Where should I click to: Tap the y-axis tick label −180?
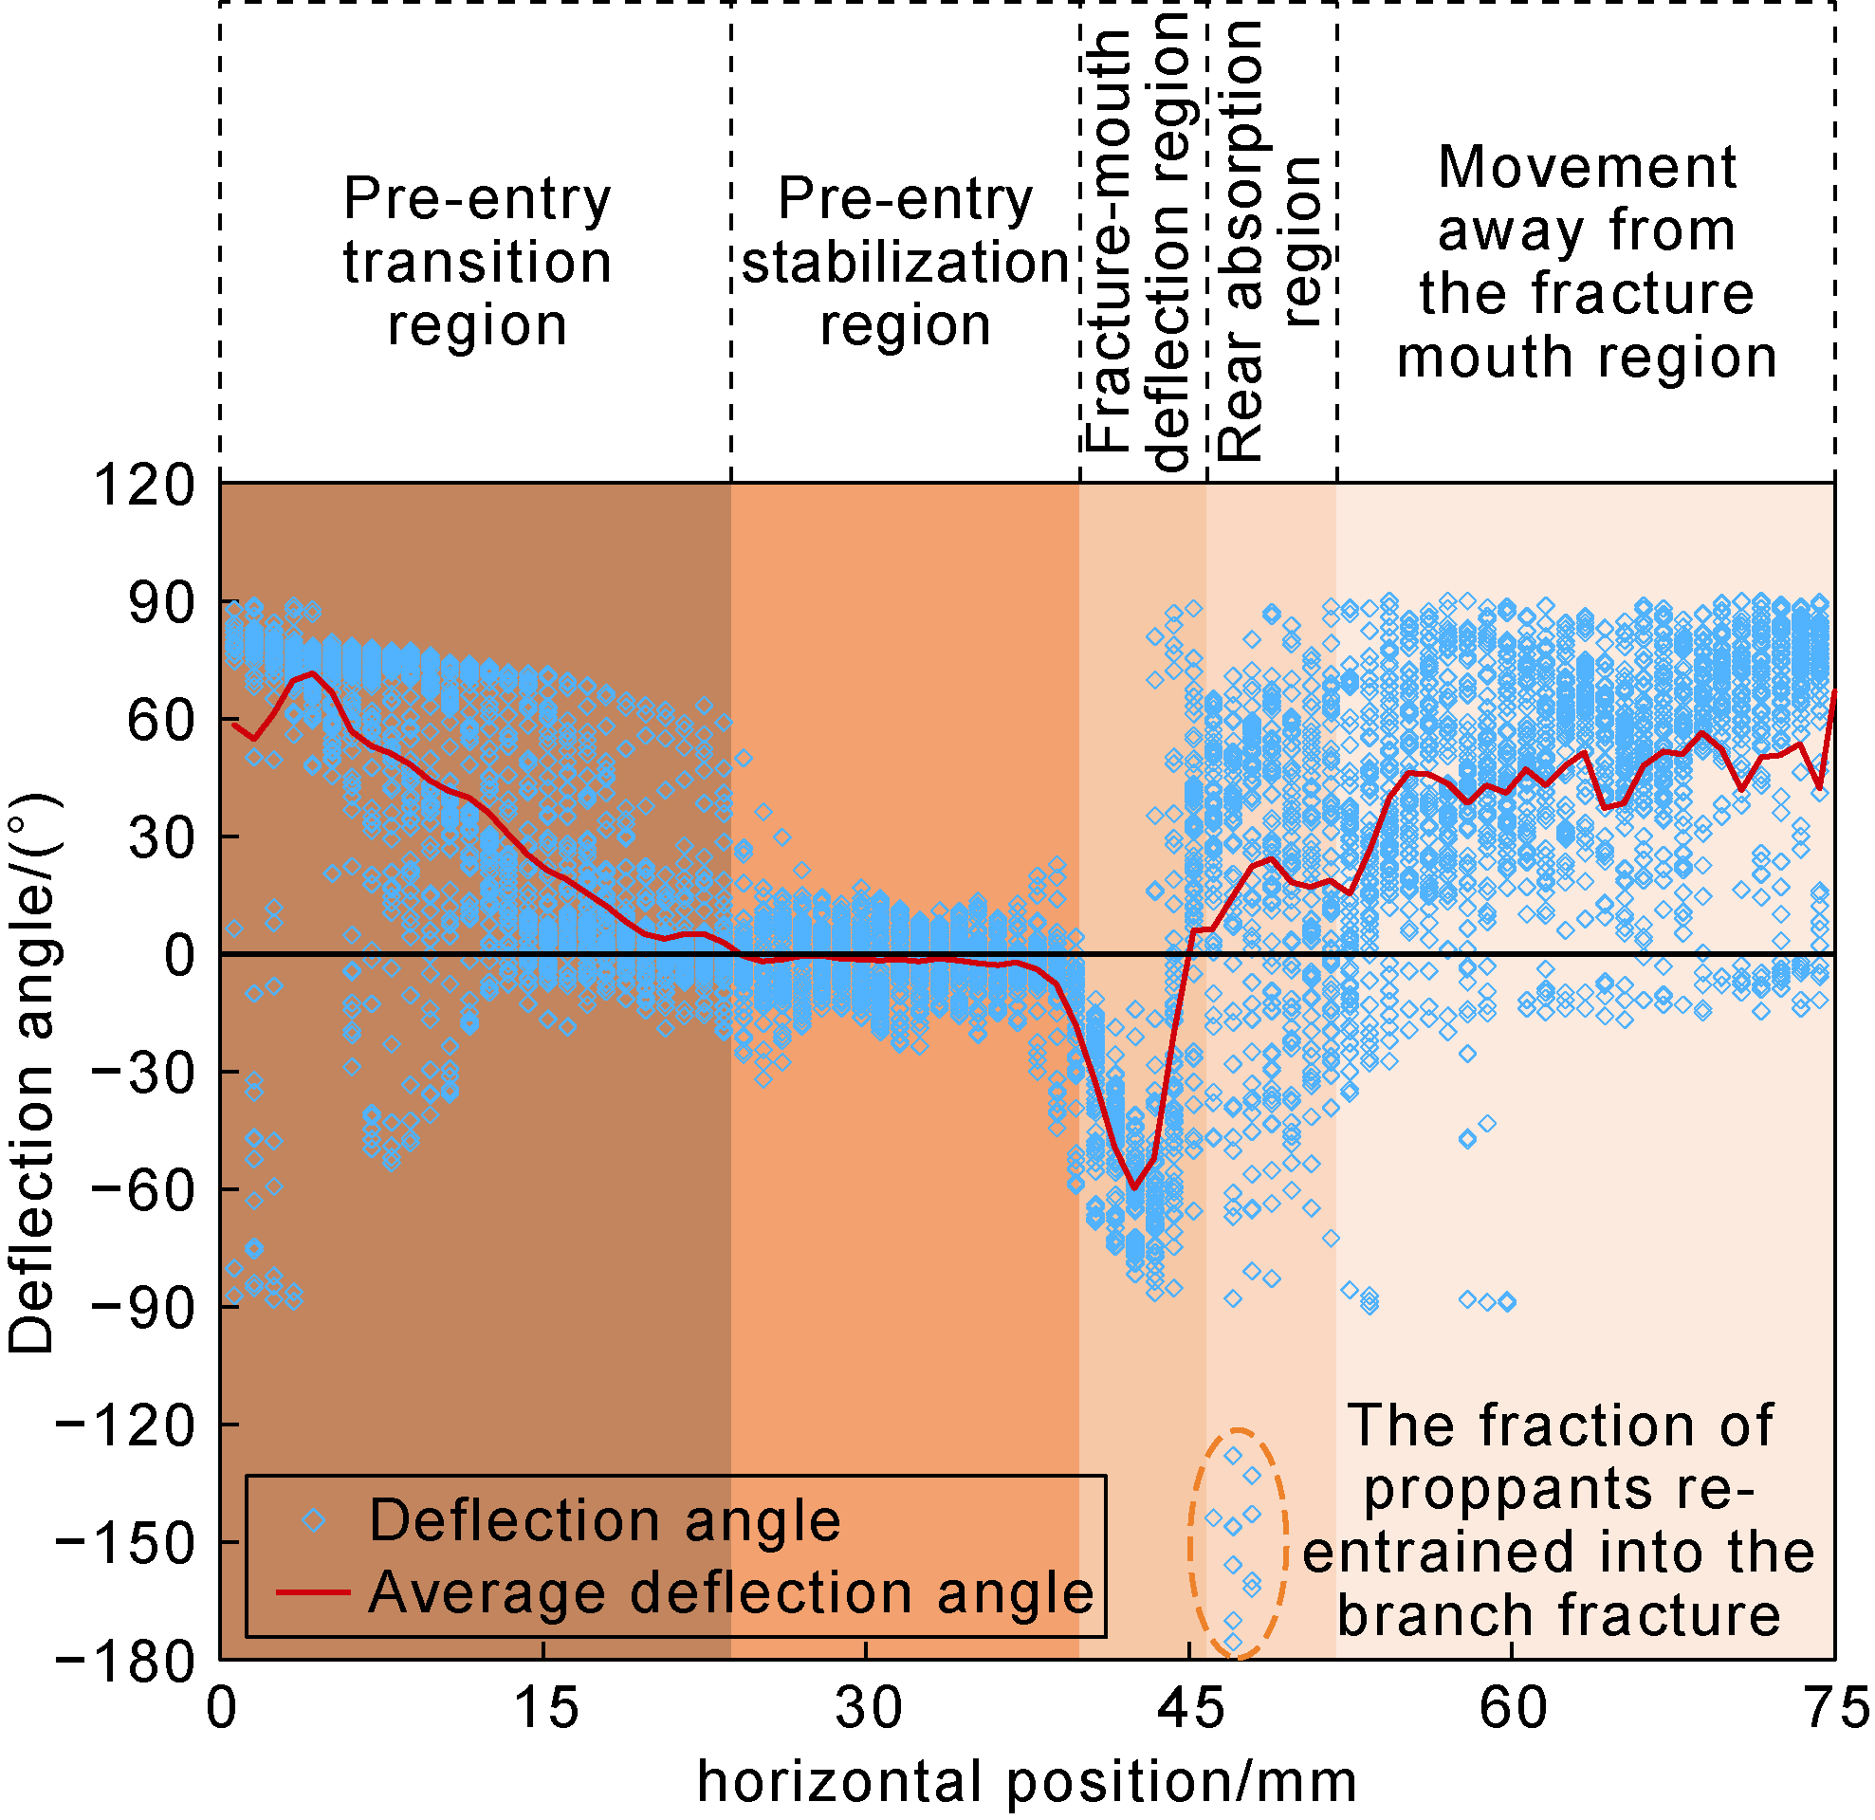click(x=124, y=1662)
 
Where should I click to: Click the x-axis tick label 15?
click(x=543, y=1709)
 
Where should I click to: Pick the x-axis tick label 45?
click(x=1189, y=1709)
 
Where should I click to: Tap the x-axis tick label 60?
click(x=1512, y=1709)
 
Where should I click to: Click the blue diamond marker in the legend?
click(x=313, y=1520)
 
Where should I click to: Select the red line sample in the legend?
click(x=313, y=1592)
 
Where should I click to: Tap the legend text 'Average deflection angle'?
click(x=730, y=1592)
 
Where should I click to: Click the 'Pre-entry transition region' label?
click(x=476, y=261)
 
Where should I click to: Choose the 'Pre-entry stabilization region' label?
click(x=905, y=261)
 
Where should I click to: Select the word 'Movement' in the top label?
click(x=1586, y=168)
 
